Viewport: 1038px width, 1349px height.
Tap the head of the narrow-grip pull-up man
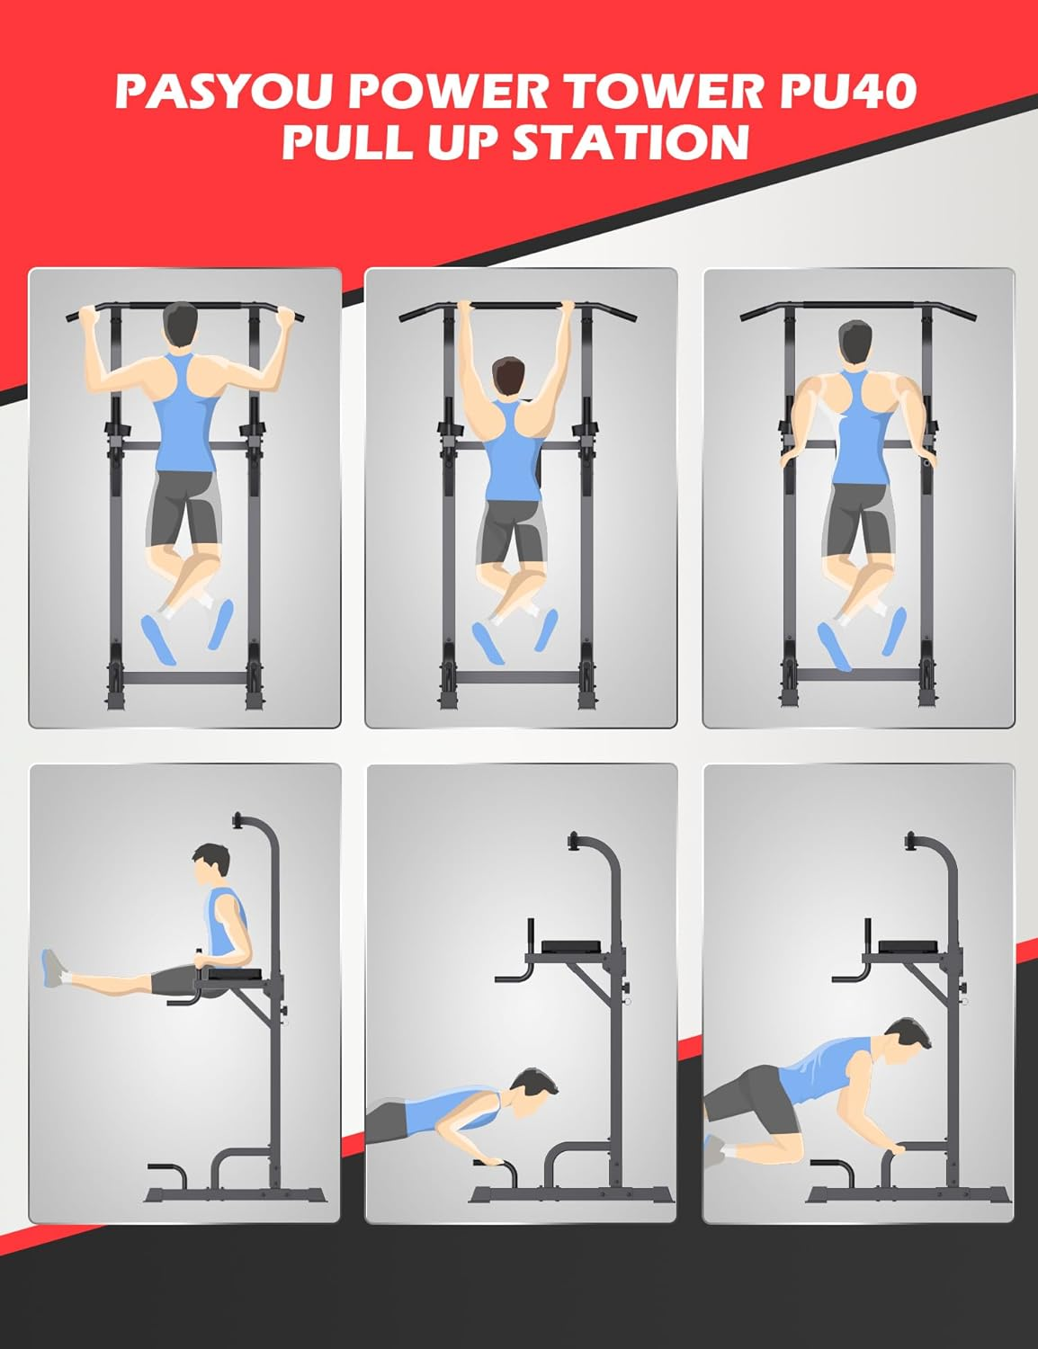[x=510, y=378]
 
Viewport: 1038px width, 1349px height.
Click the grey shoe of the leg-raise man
[x=53, y=969]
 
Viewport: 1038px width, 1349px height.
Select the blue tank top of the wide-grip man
[x=184, y=415]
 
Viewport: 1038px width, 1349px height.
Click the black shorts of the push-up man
[x=387, y=1121]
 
